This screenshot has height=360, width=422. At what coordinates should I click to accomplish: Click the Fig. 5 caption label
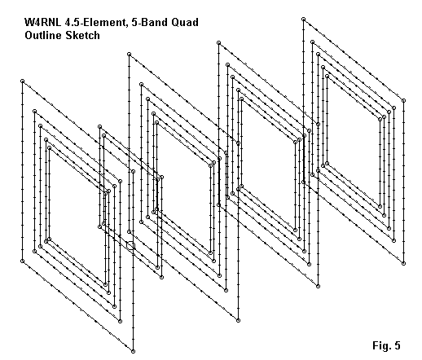pyautogui.click(x=386, y=345)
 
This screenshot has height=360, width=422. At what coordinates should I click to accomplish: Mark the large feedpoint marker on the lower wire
pyautogui.click(x=130, y=245)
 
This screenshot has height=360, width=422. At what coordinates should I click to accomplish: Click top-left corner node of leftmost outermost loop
pyautogui.click(x=23, y=81)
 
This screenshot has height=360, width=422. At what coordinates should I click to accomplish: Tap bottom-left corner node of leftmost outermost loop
pyautogui.click(x=23, y=261)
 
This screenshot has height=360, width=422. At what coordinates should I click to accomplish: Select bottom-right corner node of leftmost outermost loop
pyautogui.click(x=133, y=352)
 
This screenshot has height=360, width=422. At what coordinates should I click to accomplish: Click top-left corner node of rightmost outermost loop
pyautogui.click(x=303, y=19)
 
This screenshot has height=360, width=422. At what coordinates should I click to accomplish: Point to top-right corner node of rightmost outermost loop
pyautogui.click(x=404, y=100)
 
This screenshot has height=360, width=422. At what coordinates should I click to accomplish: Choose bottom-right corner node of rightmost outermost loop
pyautogui.click(x=404, y=263)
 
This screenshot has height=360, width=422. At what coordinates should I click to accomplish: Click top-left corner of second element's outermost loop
pyautogui.click(x=129, y=55)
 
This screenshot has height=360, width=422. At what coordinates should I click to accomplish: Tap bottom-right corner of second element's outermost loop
pyautogui.click(x=238, y=321)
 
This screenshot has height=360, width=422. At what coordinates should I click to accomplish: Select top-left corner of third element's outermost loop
pyautogui.click(x=219, y=42)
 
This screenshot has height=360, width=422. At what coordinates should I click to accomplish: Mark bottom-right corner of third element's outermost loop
pyautogui.click(x=319, y=286)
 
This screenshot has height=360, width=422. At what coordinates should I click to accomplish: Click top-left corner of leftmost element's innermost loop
pyautogui.click(x=49, y=147)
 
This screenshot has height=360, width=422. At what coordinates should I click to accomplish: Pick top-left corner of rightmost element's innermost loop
pyautogui.click(x=327, y=77)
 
